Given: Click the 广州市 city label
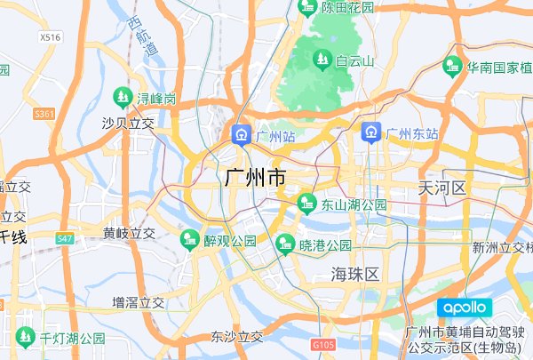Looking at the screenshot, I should point(256,178).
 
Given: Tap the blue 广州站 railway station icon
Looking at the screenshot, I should point(241,135).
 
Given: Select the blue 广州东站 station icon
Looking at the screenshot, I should point(371,133).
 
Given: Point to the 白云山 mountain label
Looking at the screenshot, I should point(355,61).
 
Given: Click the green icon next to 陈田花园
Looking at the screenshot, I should point(307,7).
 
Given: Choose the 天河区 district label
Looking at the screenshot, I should point(442,187).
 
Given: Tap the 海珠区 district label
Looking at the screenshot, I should point(355,273).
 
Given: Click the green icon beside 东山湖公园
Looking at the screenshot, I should point(306,204).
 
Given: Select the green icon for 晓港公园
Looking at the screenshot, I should point(285,242).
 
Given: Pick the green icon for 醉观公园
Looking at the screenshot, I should point(189,240).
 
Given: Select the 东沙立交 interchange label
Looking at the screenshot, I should point(237,337).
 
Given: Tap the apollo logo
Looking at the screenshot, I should point(464,308).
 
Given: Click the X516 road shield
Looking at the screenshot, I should point(51,37).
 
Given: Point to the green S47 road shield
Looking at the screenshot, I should point(65,239).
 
